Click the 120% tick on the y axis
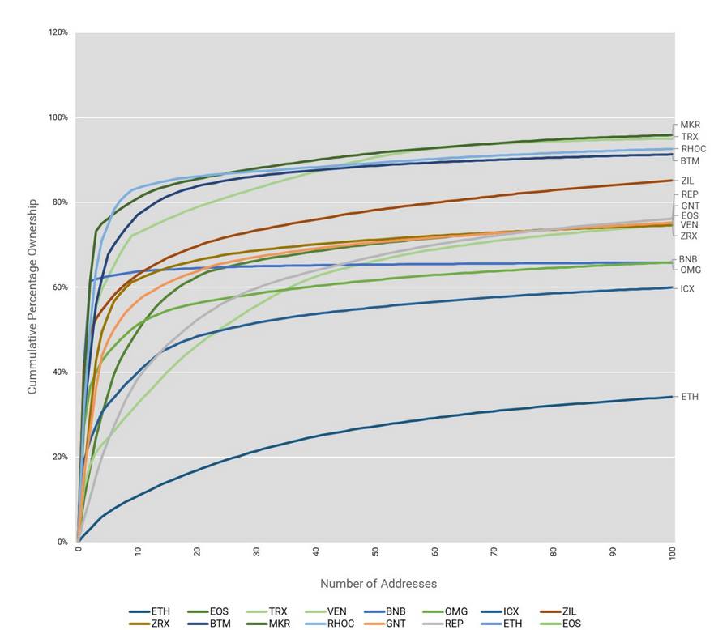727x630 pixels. tap(58, 32)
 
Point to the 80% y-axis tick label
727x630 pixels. tap(60, 202)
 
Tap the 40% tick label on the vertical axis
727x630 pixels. tap(60, 372)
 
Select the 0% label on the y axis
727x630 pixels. tap(62, 542)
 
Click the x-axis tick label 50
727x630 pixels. tap(375, 551)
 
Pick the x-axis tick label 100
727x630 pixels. tap(672, 553)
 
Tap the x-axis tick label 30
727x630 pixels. tap(256, 551)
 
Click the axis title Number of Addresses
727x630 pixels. tap(378, 584)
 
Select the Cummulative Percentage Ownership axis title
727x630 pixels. tap(32, 297)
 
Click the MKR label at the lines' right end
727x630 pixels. tap(690, 125)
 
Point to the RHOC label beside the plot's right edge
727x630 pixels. tap(693, 149)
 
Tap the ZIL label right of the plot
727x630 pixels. tap(687, 181)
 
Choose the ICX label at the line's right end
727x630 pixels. tap(687, 289)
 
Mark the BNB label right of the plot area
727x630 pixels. tap(688, 259)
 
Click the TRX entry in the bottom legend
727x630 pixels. tap(267, 611)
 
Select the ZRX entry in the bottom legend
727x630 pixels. tap(149, 624)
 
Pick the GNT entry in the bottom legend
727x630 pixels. tap(384, 624)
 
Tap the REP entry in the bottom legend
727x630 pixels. tap(443, 624)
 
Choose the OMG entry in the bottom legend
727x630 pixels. tap(445, 611)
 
